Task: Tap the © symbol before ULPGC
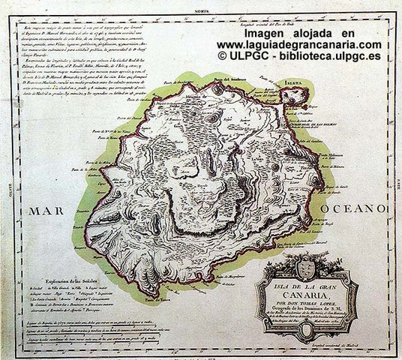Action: (223, 55)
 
